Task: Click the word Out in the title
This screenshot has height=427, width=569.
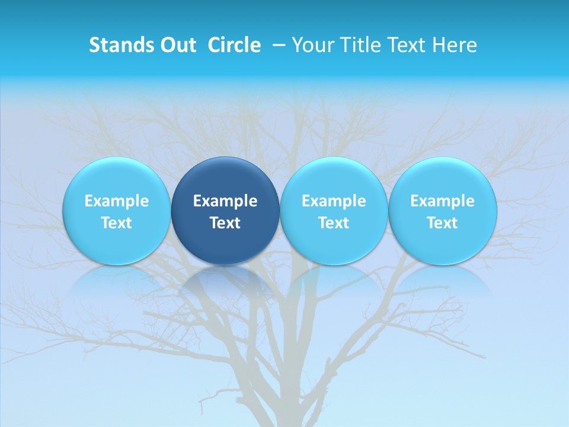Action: click(178, 45)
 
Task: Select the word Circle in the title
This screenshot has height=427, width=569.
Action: click(234, 45)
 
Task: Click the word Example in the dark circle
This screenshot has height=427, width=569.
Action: click(225, 201)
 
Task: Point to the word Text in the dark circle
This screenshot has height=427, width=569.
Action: click(225, 223)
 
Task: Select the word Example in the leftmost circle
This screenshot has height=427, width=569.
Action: click(116, 201)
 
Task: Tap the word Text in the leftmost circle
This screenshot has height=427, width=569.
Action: click(116, 223)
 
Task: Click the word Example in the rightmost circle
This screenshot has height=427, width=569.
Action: click(443, 201)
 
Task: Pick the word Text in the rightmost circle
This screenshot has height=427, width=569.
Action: click(443, 223)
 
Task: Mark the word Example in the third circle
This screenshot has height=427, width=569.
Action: click(334, 201)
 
